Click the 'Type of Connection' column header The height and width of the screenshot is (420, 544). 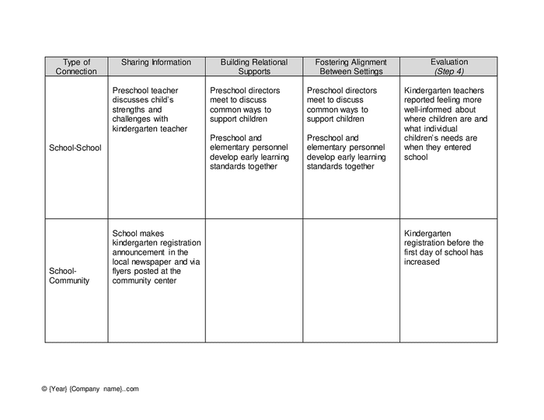coord(76,67)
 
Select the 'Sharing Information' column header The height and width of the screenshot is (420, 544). coord(155,62)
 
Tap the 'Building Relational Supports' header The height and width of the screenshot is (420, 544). coord(254,67)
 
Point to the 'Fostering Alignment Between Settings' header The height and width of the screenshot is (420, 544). coord(350,67)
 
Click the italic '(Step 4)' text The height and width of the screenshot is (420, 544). coord(449,71)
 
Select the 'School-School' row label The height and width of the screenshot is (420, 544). coord(75,148)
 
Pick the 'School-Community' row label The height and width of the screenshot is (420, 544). coord(69,276)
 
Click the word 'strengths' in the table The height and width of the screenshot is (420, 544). coord(130,109)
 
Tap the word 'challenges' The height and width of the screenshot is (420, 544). coord(133,119)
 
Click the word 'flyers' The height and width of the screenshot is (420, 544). coord(124,272)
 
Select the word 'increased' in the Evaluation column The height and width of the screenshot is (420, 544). coord(422,262)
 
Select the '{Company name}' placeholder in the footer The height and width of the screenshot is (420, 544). coord(96,389)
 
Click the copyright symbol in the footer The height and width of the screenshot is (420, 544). coord(45,389)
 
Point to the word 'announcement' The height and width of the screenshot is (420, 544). coord(138,252)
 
